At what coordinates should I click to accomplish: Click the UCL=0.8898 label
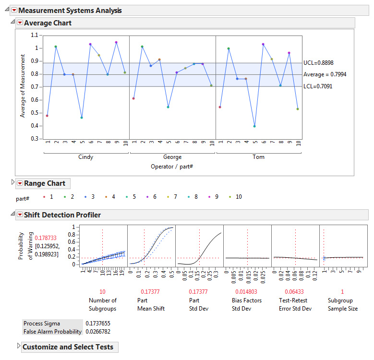point(319,63)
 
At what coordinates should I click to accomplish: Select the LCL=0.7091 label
point(318,86)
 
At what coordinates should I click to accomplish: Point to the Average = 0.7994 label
point(325,74)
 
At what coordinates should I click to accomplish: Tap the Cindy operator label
point(85,157)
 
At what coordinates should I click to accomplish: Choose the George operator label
point(172,157)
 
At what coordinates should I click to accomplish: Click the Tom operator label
point(259,157)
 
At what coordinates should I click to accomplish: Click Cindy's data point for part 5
point(82,118)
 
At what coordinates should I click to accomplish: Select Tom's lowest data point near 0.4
point(254,126)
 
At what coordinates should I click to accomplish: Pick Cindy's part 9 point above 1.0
point(116,42)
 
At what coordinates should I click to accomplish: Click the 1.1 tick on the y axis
point(34,35)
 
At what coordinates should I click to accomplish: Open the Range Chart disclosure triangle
point(12,183)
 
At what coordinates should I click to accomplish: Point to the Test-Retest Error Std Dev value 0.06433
point(295,291)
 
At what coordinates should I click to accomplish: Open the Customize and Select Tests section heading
point(68,347)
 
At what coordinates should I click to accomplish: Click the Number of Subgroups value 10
point(102,291)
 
